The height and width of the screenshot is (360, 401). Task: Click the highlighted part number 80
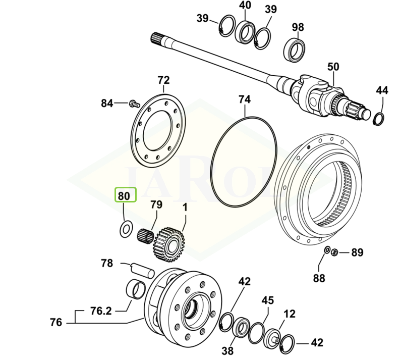[x=126, y=195]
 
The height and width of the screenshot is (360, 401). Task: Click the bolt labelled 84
[x=133, y=104]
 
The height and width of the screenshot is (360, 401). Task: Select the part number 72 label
[x=163, y=80]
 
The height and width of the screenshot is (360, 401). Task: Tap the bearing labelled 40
[x=245, y=33]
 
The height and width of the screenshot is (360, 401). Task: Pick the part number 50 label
[x=333, y=67]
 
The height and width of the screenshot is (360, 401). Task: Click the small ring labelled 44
[x=378, y=119]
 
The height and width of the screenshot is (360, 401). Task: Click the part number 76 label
[x=56, y=322]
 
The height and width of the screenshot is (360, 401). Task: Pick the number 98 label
[x=298, y=27]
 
